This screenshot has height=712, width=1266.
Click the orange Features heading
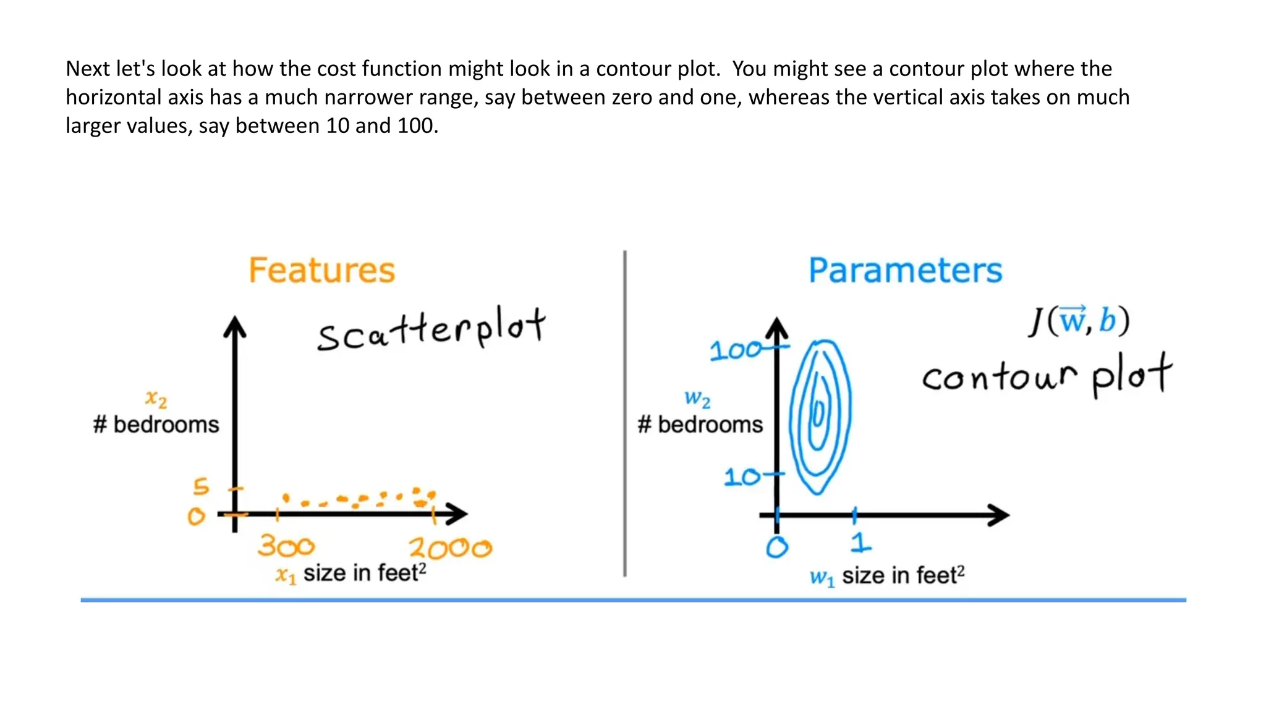[x=321, y=271]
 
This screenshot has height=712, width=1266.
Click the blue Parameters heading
[x=905, y=271]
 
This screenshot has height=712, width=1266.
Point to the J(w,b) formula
[x=1079, y=321]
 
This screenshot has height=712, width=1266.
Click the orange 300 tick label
[x=286, y=546]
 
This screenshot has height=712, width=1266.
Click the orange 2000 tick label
[x=450, y=548]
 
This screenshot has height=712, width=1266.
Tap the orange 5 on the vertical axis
[x=201, y=486]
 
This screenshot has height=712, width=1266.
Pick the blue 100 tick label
[x=736, y=351]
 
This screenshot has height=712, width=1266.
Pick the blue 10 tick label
[x=742, y=477]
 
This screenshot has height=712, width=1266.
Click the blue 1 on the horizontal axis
[x=860, y=543]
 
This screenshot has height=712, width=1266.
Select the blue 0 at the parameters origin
[x=777, y=547]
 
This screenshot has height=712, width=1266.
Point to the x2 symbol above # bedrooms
[x=156, y=399]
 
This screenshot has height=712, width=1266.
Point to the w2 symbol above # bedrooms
[x=697, y=399]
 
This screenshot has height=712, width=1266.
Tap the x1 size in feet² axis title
[x=350, y=574]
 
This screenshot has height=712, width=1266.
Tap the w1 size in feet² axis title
[x=887, y=576]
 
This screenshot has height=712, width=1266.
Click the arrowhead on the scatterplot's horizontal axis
[x=458, y=514]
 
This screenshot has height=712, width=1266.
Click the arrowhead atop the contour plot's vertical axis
[x=776, y=328]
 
